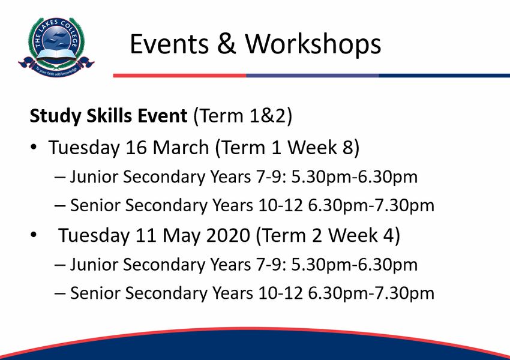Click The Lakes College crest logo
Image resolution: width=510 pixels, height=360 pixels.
coord(56,47)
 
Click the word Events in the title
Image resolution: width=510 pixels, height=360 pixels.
coord(169,44)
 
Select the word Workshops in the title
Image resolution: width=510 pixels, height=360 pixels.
coord(313,45)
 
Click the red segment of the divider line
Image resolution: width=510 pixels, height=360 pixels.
coord(179,76)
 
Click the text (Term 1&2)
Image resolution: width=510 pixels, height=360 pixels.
coord(243,116)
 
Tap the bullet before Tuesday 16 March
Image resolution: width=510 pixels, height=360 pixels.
coord(34,148)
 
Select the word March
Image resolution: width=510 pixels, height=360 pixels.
coord(181,148)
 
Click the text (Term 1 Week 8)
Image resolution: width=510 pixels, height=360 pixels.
coord(287,148)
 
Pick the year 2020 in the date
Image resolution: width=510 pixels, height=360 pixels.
coord(228,235)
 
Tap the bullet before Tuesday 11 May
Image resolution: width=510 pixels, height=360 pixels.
coord(34,235)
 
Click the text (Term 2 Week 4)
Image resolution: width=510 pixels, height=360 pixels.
coord(328,235)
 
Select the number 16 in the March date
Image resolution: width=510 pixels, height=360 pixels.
coord(136,148)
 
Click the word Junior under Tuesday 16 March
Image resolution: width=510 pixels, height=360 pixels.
coord(94,176)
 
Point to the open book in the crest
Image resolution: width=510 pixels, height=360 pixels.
coord(56,55)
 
